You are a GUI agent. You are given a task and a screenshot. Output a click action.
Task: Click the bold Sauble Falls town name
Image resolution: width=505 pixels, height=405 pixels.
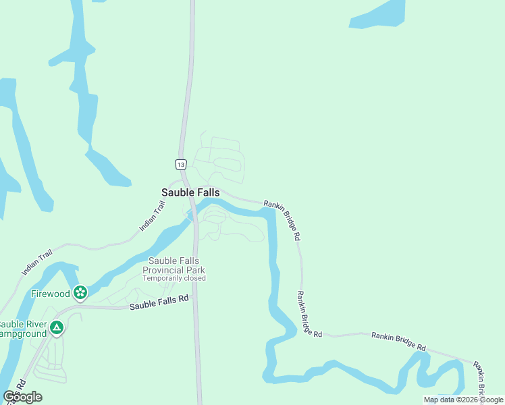point(190,192)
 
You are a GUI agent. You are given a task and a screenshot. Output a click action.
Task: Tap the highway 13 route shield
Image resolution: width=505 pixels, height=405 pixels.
point(180,164)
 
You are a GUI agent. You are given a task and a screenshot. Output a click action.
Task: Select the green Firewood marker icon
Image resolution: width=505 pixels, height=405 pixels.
point(80,292)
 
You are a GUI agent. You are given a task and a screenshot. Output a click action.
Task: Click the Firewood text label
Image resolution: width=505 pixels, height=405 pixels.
point(51,294)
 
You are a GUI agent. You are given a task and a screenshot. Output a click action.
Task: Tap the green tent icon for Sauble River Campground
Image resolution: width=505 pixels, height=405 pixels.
point(57,328)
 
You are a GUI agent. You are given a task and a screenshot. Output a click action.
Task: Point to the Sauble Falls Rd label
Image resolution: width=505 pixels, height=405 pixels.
point(159,304)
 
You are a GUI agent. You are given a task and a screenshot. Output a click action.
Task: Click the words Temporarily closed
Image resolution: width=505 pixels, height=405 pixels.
point(174,278)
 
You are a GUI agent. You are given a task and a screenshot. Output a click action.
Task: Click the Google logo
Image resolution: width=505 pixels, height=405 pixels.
point(22,396)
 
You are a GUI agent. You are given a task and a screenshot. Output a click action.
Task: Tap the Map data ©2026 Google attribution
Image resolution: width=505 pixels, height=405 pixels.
point(464,400)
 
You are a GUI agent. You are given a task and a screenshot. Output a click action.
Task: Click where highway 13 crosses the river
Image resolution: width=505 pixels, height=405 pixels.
point(194,211)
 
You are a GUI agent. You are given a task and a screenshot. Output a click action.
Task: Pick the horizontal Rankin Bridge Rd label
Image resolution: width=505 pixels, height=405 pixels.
point(398,341)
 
